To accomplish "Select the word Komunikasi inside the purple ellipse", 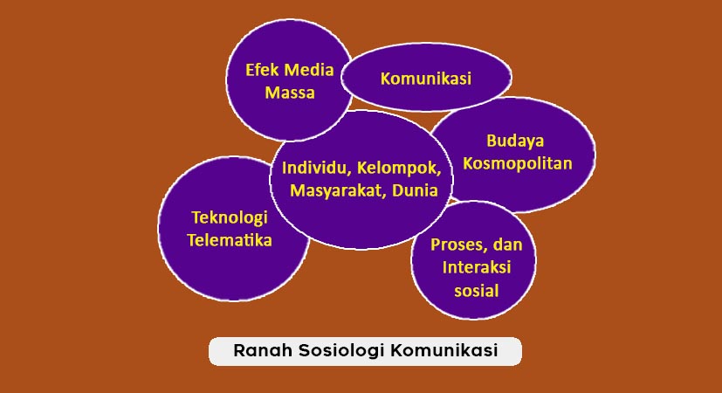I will click(x=426, y=79).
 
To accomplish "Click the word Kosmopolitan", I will click(x=517, y=162).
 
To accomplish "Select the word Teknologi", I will click(x=229, y=217).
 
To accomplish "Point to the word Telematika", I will click(x=230, y=240).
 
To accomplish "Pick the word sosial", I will click(x=476, y=290).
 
